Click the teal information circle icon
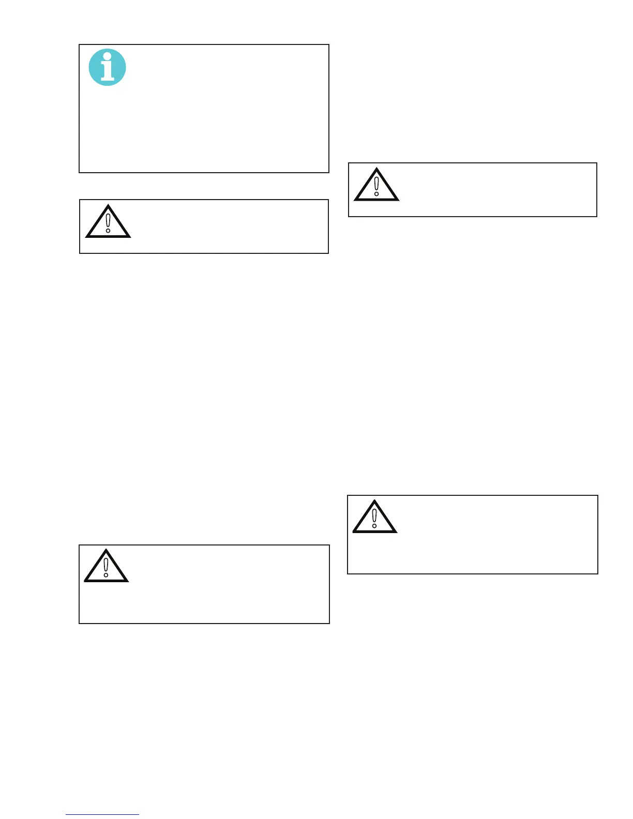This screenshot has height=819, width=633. (x=108, y=67)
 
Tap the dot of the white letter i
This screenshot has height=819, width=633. (x=108, y=56)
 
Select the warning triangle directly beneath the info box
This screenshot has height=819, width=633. (x=108, y=222)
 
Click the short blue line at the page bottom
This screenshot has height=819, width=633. (x=102, y=814)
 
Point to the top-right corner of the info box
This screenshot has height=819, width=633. (x=329, y=45)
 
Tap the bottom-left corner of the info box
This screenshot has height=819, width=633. (x=79, y=172)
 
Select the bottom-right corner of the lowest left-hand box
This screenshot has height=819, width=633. (x=329, y=623)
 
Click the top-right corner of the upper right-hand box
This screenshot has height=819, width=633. (x=597, y=163)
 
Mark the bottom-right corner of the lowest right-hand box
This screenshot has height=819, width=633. (x=598, y=573)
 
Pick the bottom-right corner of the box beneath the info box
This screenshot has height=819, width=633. (x=328, y=253)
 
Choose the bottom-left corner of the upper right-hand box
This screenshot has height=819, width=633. (x=349, y=216)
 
